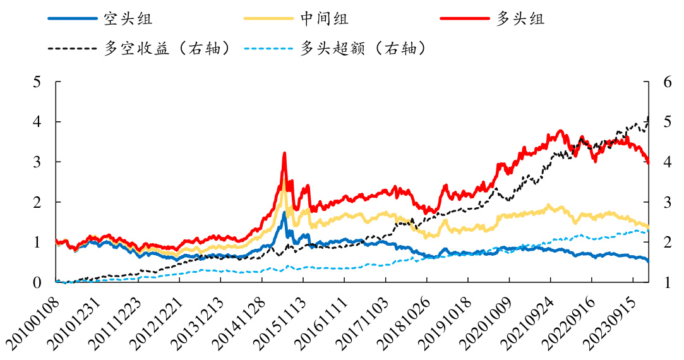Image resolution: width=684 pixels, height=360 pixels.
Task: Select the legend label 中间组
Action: coord(323,18)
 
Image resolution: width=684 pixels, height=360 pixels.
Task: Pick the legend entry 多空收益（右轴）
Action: coord(167,48)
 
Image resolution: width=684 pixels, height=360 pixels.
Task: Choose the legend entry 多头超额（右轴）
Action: coord(362,48)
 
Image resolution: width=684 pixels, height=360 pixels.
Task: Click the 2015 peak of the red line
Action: coord(284,153)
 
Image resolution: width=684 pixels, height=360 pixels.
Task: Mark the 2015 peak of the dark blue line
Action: coord(284,213)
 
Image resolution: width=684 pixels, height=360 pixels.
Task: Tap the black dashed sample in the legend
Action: coord(72,48)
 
